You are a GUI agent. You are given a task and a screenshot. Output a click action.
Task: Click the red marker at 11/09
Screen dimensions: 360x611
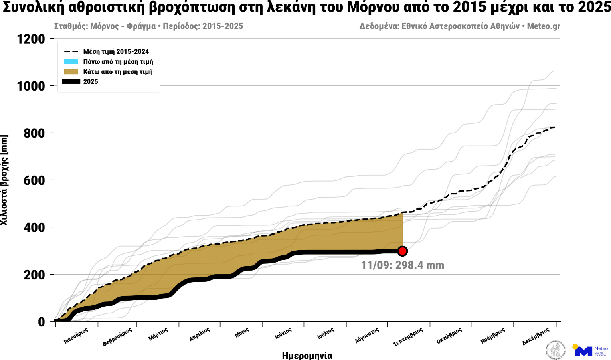click(402, 251)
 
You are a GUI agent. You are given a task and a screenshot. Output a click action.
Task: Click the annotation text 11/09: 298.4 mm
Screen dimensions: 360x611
click(402, 265)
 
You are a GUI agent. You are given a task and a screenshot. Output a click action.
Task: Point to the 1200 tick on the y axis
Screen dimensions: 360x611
click(31, 39)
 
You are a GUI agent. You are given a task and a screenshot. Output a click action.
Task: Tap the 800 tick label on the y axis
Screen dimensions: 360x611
click(34, 133)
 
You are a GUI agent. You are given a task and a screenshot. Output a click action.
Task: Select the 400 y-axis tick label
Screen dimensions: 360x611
click(34, 227)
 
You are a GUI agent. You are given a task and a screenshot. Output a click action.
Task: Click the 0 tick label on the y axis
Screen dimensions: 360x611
click(41, 322)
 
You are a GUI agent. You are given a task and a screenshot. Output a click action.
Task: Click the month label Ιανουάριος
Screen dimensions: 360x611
click(76, 336)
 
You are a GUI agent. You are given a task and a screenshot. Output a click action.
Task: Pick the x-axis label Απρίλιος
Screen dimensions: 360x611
click(199, 334)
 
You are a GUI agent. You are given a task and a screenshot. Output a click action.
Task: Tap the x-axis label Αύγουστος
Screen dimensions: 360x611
click(366, 336)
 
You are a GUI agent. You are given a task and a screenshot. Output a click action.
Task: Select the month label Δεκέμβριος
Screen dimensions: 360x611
click(536, 336)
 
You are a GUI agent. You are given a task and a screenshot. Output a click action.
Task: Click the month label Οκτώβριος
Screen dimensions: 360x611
click(449, 336)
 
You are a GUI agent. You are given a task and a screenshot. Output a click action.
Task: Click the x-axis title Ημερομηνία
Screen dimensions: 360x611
click(307, 355)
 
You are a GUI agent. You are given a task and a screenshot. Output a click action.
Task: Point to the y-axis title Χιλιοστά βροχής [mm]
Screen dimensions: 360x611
click(4, 180)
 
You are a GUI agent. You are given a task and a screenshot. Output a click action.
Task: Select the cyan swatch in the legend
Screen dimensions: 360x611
click(71, 61)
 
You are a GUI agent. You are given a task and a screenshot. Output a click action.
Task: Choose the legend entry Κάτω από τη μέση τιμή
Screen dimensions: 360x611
click(118, 72)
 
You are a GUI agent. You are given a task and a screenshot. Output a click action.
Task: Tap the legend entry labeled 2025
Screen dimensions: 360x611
click(91, 81)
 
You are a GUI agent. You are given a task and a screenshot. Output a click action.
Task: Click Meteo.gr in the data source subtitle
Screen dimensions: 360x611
click(543, 26)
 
